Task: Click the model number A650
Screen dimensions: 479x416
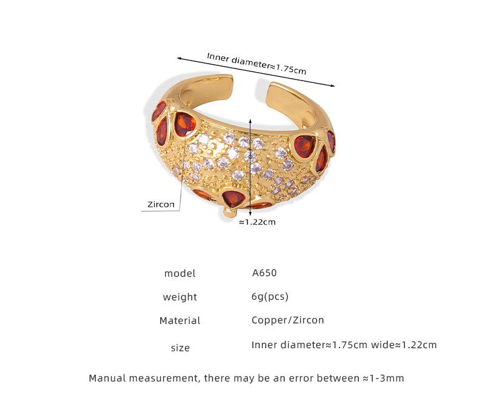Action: coord(264,273)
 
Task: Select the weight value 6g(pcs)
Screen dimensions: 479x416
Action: coord(270,297)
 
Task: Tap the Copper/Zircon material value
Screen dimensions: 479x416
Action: coord(287,320)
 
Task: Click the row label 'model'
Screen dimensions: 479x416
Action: coord(179,274)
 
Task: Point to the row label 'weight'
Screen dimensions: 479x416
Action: coord(179,297)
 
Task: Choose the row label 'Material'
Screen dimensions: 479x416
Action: coord(179,321)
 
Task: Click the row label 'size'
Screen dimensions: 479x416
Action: coord(180,348)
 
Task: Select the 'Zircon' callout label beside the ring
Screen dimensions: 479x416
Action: coord(160,205)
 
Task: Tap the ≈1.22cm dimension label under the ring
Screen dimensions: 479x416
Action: coord(257,222)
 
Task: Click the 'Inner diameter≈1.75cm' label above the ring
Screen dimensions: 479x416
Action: coord(256,63)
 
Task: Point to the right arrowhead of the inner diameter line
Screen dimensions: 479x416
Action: coord(332,85)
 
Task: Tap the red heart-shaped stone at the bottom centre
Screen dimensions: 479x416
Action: coord(233,197)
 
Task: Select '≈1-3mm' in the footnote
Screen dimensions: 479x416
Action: coord(383,378)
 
